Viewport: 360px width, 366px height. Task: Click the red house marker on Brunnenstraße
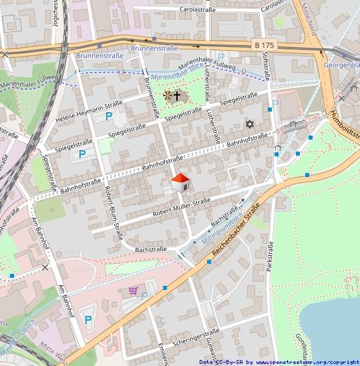(180, 182)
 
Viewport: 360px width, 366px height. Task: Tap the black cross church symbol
(177, 96)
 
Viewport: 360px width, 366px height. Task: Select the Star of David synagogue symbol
(250, 124)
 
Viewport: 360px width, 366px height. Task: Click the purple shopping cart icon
(133, 291)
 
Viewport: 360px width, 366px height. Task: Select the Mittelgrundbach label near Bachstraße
(229, 224)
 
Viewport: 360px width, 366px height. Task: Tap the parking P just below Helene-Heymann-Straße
(108, 116)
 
